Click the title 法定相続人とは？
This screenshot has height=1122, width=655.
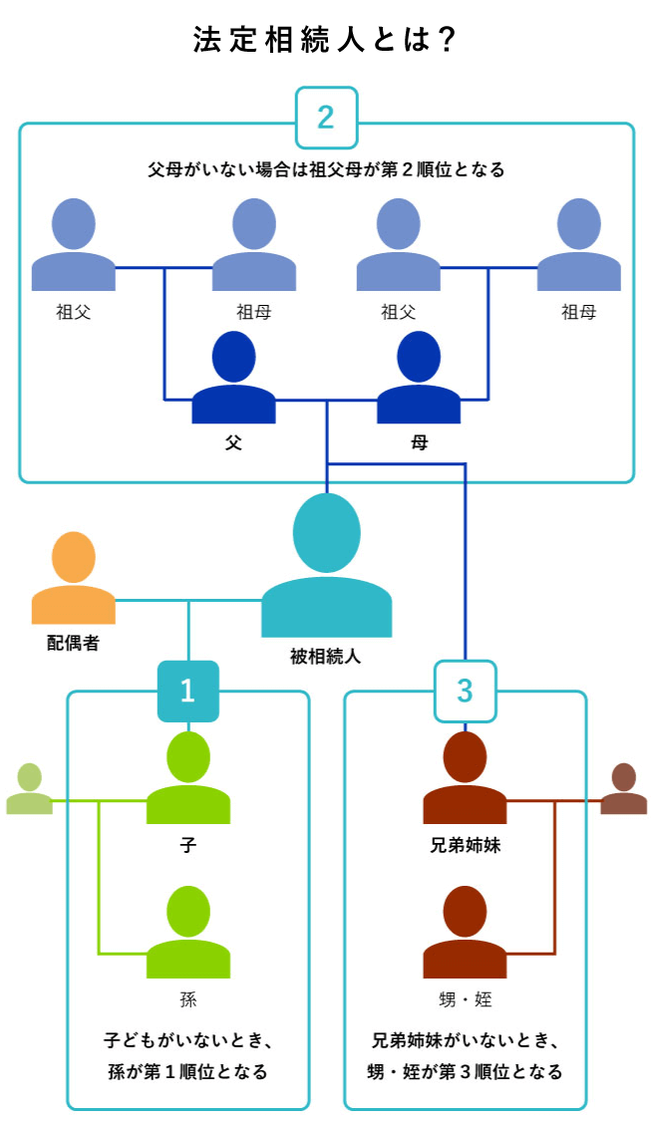(x=326, y=40)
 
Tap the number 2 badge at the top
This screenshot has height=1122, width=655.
(x=326, y=117)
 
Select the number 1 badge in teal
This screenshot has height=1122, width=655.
(x=187, y=690)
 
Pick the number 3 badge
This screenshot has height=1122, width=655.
(x=465, y=690)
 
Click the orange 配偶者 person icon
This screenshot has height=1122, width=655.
(x=74, y=578)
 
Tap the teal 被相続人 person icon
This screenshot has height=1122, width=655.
(x=326, y=568)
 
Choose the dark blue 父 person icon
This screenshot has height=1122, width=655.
(x=233, y=379)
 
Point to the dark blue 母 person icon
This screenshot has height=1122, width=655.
(x=419, y=379)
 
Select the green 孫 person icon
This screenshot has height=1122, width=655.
(x=188, y=934)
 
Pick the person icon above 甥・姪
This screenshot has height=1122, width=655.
(x=465, y=934)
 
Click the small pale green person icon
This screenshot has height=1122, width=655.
(x=29, y=790)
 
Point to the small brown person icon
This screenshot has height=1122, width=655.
(x=624, y=790)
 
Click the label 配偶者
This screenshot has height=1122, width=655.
(x=73, y=643)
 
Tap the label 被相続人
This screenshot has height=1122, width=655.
(x=326, y=657)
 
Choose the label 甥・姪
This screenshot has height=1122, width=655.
(x=465, y=999)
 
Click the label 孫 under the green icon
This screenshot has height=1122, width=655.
(x=188, y=999)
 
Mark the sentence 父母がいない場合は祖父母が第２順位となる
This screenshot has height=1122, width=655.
(x=326, y=169)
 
